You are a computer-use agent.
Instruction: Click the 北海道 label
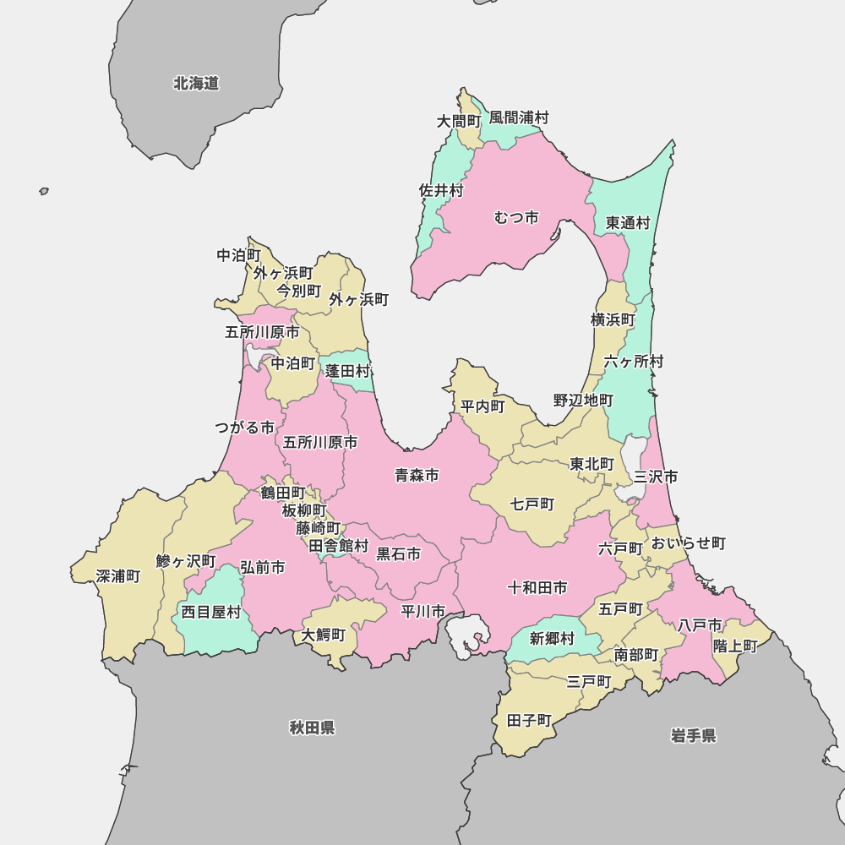pos(196,84)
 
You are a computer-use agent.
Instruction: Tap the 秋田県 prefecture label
pos(312,728)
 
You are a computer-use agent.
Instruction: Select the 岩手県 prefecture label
pos(694,736)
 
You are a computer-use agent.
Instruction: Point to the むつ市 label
pos(516,218)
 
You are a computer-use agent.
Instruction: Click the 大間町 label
pos(459,122)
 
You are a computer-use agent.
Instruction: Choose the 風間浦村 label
pos(519,117)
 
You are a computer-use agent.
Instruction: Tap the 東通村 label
pos(628,223)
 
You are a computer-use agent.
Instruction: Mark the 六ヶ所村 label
pos(634,362)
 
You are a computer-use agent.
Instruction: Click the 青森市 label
pos(417,476)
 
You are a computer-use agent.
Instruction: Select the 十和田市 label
pos(537,587)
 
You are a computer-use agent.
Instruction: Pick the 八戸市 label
pos(700,625)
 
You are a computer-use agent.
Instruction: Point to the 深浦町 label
pos(118,576)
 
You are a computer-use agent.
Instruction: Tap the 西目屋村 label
pos(211,613)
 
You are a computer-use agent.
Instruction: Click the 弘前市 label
pos(262,568)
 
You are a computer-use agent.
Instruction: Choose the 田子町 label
pos(529,721)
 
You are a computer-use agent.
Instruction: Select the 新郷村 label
pos(552,639)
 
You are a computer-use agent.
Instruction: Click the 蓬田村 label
pos(348,371)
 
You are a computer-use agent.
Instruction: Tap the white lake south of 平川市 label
pos(467,635)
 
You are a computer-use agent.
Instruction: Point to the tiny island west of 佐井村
pos(44,192)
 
